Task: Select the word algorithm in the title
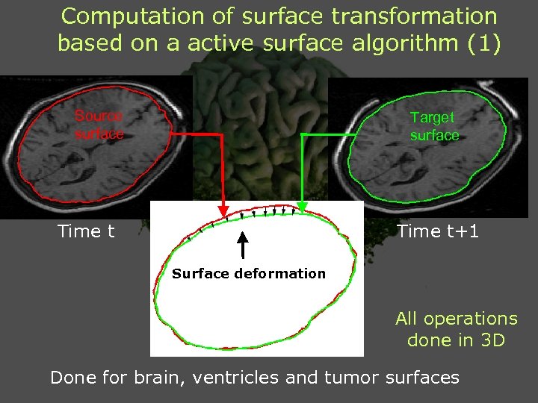[387, 43]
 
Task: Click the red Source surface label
[99, 125]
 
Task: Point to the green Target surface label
[434, 126]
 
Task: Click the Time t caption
[86, 231]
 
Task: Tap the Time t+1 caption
[438, 231]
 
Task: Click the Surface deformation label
[249, 273]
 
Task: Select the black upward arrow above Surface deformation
[242, 246]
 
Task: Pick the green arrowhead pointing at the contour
[302, 205]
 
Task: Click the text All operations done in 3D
[456, 329]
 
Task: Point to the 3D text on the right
[493, 340]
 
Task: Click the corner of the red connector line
[223, 134]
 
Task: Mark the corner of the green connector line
[302, 134]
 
